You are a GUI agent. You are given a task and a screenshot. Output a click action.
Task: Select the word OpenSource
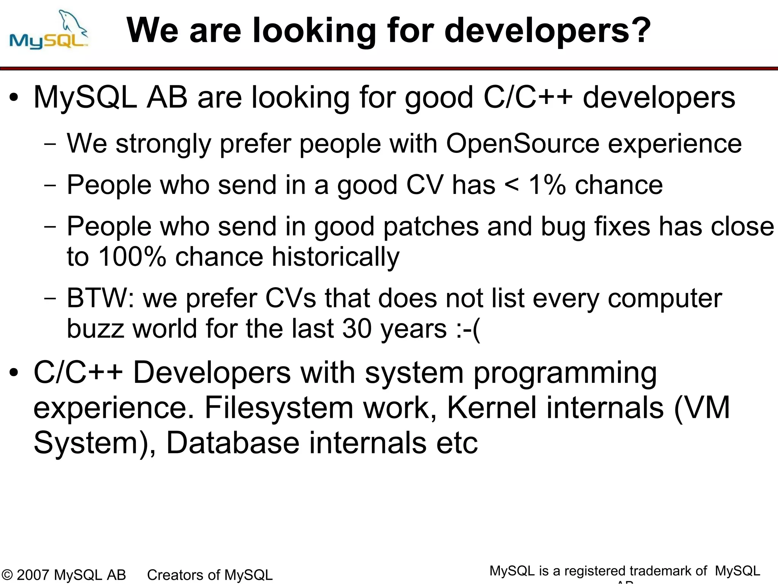click(x=522, y=144)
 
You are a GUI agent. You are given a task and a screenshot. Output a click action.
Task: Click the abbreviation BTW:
click(x=100, y=298)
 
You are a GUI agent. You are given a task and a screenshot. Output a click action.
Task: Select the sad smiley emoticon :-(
click(x=468, y=329)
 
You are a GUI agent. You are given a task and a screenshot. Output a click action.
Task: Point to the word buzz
click(x=95, y=329)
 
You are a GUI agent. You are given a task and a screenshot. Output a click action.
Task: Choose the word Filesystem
click(x=279, y=408)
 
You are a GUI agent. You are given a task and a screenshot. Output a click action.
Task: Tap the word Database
click(x=233, y=443)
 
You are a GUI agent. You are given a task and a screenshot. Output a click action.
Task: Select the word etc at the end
click(x=457, y=443)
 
